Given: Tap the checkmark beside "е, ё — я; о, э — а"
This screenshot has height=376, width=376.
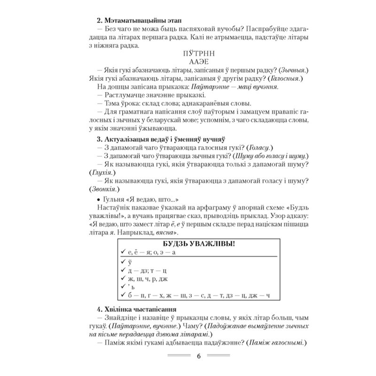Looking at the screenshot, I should coord(122,253).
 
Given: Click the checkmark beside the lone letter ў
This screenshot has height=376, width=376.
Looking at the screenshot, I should coord(122,262).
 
